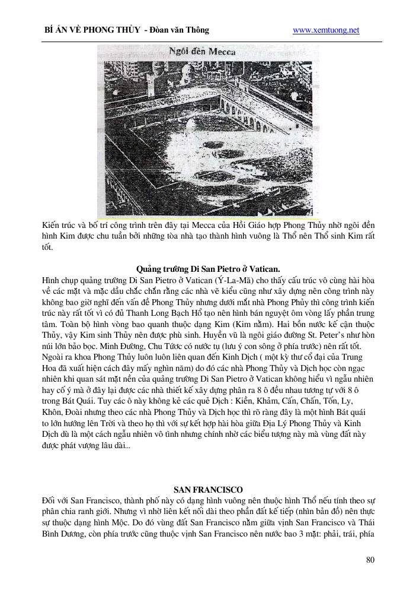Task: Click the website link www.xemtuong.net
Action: pyautogui.click(x=326, y=30)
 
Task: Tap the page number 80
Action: pyautogui.click(x=370, y=560)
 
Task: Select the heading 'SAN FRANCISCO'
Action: pyautogui.click(x=208, y=490)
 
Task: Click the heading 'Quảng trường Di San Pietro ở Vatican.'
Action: pyautogui.click(x=208, y=268)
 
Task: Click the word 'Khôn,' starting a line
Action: pyautogui.click(x=53, y=413)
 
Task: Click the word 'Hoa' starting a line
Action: pyautogui.click(x=50, y=369)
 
